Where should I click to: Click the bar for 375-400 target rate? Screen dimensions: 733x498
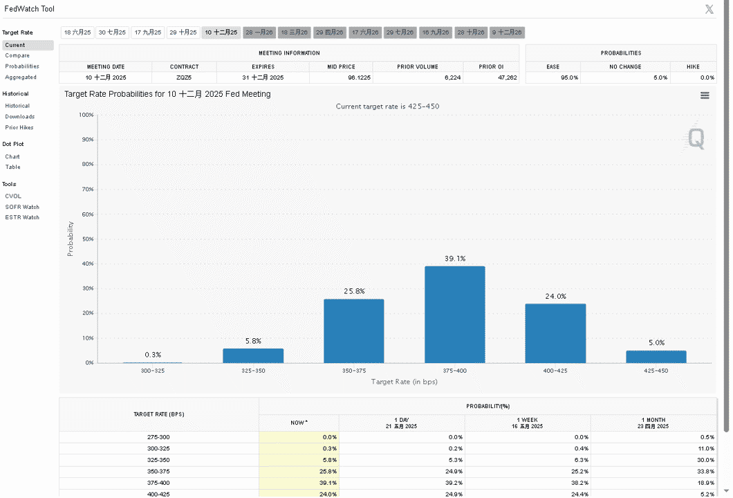point(454,314)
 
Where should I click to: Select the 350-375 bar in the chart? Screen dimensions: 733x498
point(354,331)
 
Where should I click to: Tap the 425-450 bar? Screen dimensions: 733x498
point(656,356)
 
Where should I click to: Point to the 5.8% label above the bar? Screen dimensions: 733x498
point(253,341)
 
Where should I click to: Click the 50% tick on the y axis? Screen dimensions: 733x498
point(88,239)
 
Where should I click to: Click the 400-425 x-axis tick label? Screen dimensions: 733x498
point(555,371)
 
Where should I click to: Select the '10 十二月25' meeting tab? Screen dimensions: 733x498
point(221,33)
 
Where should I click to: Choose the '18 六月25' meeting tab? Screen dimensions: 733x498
point(77,33)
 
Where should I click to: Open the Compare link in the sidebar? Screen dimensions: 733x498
point(17,55)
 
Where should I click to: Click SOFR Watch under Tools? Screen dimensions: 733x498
point(22,207)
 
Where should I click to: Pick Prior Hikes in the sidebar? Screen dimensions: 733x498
point(19,127)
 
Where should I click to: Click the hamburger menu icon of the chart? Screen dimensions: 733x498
point(705,95)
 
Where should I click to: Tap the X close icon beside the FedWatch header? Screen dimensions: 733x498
point(709,9)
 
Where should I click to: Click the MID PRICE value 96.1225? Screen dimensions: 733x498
point(359,77)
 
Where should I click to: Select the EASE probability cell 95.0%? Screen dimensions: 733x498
point(569,77)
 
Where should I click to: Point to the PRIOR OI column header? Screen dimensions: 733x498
point(491,67)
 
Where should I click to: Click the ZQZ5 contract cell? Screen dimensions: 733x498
point(184,77)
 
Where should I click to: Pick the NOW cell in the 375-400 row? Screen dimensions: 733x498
point(299,483)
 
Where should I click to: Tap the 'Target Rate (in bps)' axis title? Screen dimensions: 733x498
point(405,382)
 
